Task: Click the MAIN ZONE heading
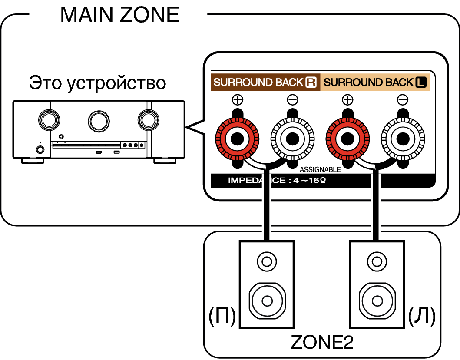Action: [x=120, y=14]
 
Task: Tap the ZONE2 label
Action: [x=322, y=342]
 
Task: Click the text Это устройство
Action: [x=97, y=83]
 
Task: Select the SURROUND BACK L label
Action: [x=375, y=82]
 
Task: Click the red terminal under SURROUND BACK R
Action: [x=237, y=139]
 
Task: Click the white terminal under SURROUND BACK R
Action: [x=292, y=139]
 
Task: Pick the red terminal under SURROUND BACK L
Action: [x=347, y=139]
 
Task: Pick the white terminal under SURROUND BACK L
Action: [x=403, y=139]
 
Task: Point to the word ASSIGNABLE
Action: [x=320, y=170]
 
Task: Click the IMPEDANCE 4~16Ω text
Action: [x=277, y=180]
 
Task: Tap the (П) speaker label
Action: [x=222, y=316]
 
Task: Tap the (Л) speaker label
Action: [x=422, y=316]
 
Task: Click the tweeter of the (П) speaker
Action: [x=267, y=261]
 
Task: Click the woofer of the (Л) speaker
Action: [x=377, y=301]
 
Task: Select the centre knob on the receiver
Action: [x=99, y=121]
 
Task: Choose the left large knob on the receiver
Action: [x=49, y=120]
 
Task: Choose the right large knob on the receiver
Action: [x=149, y=120]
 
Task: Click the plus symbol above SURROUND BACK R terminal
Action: [x=237, y=100]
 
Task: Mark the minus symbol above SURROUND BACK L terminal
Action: [x=403, y=100]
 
